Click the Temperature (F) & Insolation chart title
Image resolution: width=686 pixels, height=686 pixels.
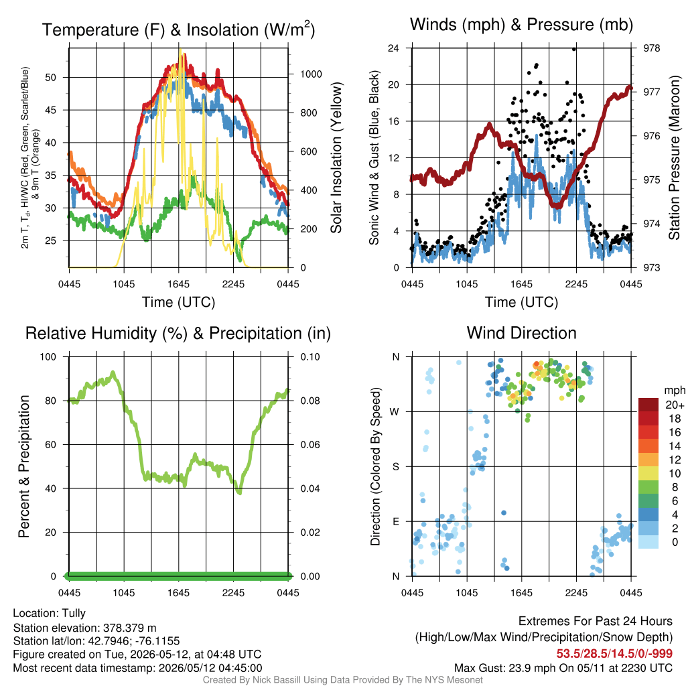coord(178,29)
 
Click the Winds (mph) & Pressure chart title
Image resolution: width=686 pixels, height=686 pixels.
coord(521,25)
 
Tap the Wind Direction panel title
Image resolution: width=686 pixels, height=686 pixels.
coord(521,333)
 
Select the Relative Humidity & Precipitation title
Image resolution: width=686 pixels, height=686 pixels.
coord(178,334)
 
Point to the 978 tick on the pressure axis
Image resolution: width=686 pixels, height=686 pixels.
coord(651,48)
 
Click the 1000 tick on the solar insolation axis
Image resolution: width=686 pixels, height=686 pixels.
coord(311,74)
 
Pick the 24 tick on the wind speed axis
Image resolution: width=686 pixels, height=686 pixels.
coord(393,48)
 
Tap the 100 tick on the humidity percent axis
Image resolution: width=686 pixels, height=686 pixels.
coord(48,356)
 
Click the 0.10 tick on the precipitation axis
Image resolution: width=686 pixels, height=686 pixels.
coord(310,356)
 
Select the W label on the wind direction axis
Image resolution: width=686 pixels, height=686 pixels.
coord(395,412)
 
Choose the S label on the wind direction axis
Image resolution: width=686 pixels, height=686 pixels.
coord(395,466)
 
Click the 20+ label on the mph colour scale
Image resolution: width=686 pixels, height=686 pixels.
coord(675,405)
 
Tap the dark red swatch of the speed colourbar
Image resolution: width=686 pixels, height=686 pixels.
coord(648,405)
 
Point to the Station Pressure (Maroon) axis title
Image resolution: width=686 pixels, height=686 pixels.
coord(674,157)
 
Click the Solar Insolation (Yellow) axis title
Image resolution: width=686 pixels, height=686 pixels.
coord(336,157)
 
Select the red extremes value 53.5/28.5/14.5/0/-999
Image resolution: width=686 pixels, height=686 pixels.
coord(614,654)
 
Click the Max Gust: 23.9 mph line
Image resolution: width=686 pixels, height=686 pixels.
coord(563,668)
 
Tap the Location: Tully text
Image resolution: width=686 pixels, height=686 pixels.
coord(50,614)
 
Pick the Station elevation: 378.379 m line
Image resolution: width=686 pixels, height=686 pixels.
coord(85,628)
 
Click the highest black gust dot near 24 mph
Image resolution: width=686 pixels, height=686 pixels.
coord(574,49)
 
